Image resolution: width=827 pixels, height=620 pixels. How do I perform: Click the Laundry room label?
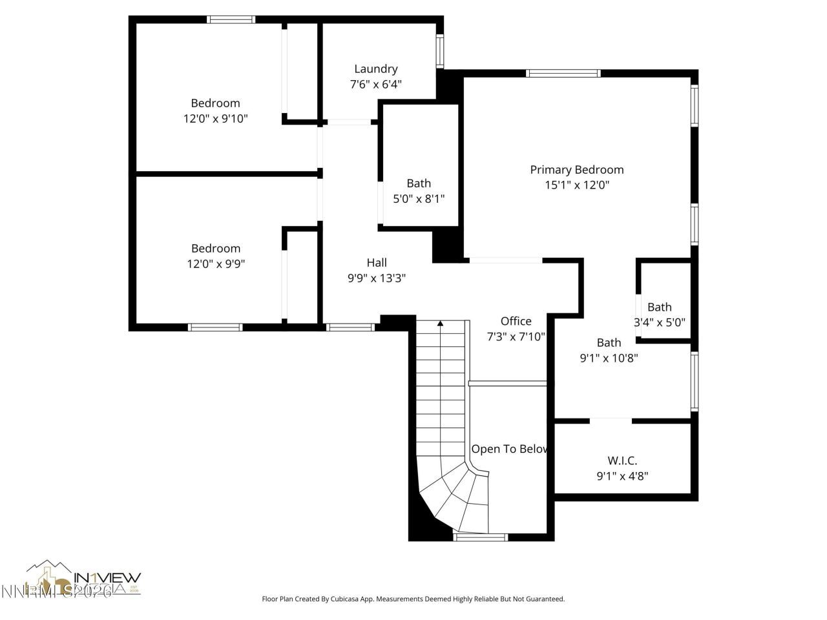[375, 69]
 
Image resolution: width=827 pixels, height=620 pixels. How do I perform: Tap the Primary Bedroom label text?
[576, 170]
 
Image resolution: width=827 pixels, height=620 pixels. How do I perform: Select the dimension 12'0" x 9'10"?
[215, 119]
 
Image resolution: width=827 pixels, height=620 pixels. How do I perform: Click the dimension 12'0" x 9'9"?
[215, 264]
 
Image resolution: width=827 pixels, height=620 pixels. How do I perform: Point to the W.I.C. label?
[622, 460]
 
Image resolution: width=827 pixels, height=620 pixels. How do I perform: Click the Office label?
[516, 321]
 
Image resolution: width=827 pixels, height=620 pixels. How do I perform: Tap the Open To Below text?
[509, 449]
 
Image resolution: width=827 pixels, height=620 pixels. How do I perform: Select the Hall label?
[377, 262]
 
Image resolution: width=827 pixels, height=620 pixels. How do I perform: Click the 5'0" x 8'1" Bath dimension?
[419, 199]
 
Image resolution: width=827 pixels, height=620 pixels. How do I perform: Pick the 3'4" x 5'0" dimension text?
[659, 322]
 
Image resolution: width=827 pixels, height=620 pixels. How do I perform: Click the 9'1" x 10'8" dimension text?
[609, 358]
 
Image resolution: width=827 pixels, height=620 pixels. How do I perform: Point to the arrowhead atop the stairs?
[440, 323]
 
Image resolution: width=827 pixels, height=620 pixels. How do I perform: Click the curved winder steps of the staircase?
[455, 497]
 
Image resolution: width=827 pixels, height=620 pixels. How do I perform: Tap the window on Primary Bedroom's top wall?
[563, 73]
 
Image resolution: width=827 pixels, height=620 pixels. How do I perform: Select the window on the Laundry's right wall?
[440, 51]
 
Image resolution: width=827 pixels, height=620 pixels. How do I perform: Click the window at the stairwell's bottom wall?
[481, 537]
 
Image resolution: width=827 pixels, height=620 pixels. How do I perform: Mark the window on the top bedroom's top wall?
[231, 19]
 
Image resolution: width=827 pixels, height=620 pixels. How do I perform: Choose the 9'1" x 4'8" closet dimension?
[622, 476]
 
